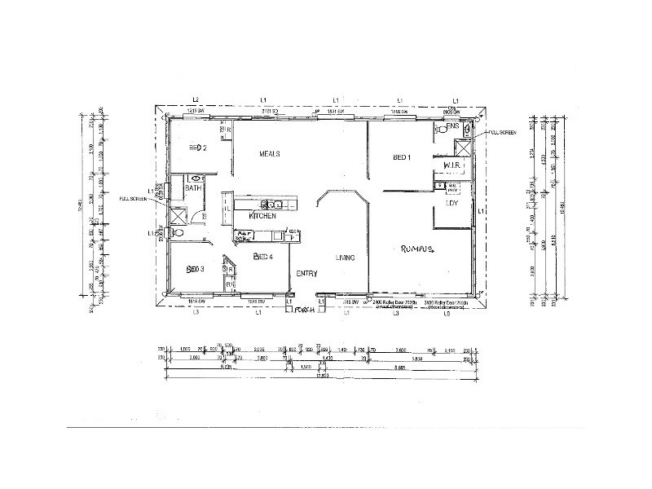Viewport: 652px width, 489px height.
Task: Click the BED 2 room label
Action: coord(196,148)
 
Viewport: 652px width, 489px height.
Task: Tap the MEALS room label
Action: coord(270,153)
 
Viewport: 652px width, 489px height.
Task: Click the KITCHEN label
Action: coord(262,216)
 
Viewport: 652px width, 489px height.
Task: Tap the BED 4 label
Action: coord(262,257)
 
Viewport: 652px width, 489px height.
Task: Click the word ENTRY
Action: coord(306,274)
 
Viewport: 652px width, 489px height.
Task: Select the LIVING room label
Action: coord(345,258)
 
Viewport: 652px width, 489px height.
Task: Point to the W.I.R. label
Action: coord(453,165)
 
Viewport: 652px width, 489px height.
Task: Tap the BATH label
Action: coord(193,188)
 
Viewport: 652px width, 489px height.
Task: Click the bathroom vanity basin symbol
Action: coord(196,177)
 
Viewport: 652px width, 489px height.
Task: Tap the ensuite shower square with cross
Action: coord(461,147)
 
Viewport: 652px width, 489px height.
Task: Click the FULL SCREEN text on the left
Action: coord(132,198)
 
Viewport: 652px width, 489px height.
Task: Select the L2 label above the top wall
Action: coord(196,99)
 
